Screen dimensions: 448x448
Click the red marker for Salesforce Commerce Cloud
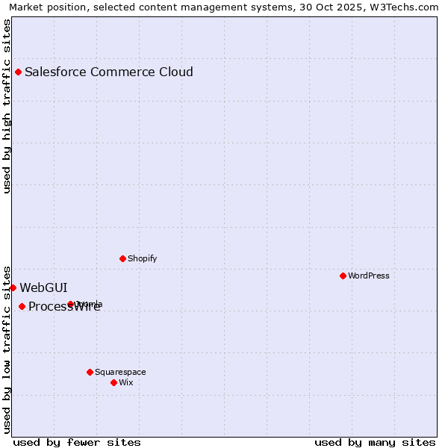pyautogui.click(x=18, y=72)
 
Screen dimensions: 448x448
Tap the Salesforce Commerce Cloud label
pyautogui.click(x=109, y=72)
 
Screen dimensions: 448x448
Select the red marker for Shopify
pyautogui.click(x=122, y=259)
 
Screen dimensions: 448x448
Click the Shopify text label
pyautogui.click(x=142, y=259)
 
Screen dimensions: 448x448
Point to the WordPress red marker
pyautogui.click(x=343, y=276)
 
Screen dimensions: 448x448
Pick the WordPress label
pyautogui.click(x=369, y=276)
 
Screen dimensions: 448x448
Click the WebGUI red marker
pyautogui.click(x=13, y=287)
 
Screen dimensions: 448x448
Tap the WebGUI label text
pyautogui.click(x=43, y=287)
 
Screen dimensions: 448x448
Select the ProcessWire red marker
pyautogui.click(x=22, y=307)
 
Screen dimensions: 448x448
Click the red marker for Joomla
pyautogui.click(x=70, y=305)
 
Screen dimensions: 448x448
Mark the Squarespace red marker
pyautogui.click(x=90, y=372)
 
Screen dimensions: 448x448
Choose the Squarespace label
pyautogui.click(x=120, y=372)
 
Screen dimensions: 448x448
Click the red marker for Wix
pyautogui.click(x=113, y=382)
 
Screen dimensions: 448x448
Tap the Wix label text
pyautogui.click(x=126, y=382)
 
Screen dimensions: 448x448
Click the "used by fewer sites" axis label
pyautogui.click(x=77, y=442)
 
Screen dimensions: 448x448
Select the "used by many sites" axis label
pyautogui.click(x=375, y=442)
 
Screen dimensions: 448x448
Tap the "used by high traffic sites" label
pyautogui.click(x=7, y=106)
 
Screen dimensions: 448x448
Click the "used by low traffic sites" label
pyautogui.click(x=7, y=349)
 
